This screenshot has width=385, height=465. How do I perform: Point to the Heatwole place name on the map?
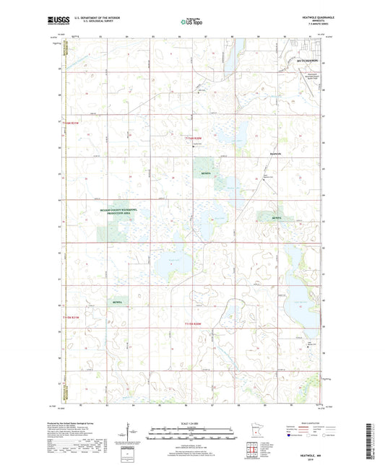tap(274, 155)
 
